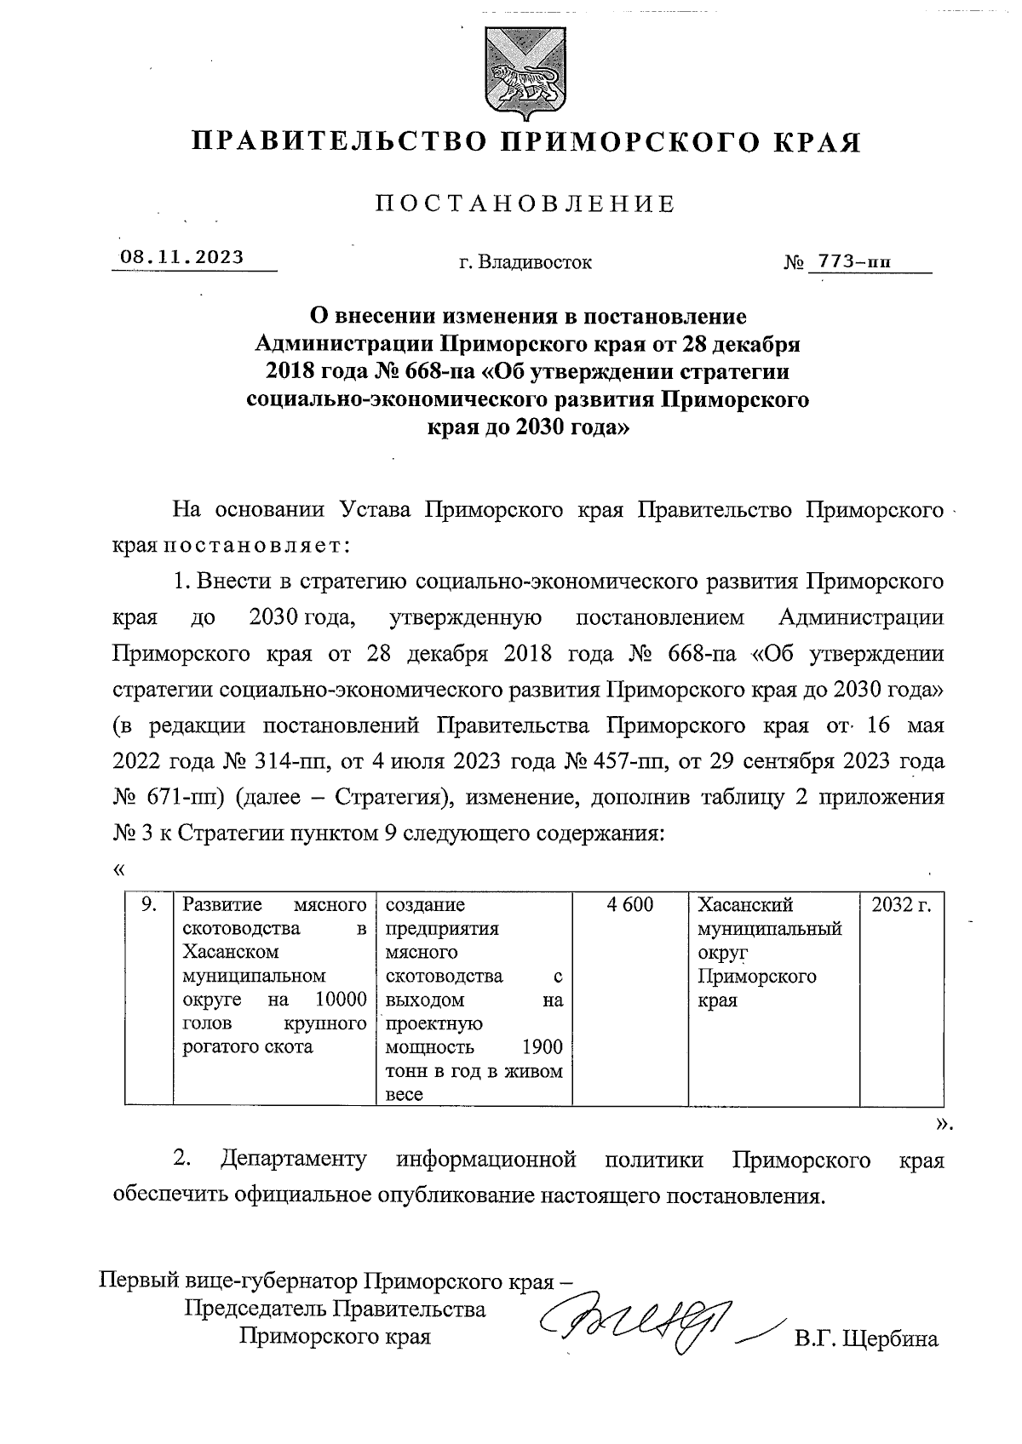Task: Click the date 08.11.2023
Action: (181, 257)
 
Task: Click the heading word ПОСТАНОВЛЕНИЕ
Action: (525, 204)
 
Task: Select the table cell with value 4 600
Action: (630, 905)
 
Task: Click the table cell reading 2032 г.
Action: (901, 905)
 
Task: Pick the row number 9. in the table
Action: (149, 905)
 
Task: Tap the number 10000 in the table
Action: (340, 1000)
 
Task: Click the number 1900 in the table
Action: (542, 1047)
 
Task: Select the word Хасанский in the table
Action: (745, 905)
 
